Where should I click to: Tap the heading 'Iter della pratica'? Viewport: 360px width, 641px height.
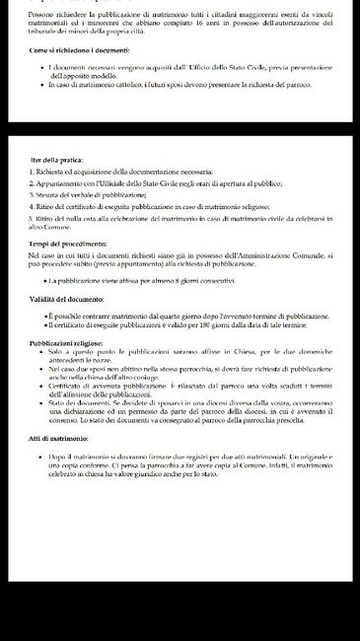(56, 159)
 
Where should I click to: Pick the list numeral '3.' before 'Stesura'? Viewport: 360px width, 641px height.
(32, 196)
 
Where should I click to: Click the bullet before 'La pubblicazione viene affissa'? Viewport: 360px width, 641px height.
(46, 281)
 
